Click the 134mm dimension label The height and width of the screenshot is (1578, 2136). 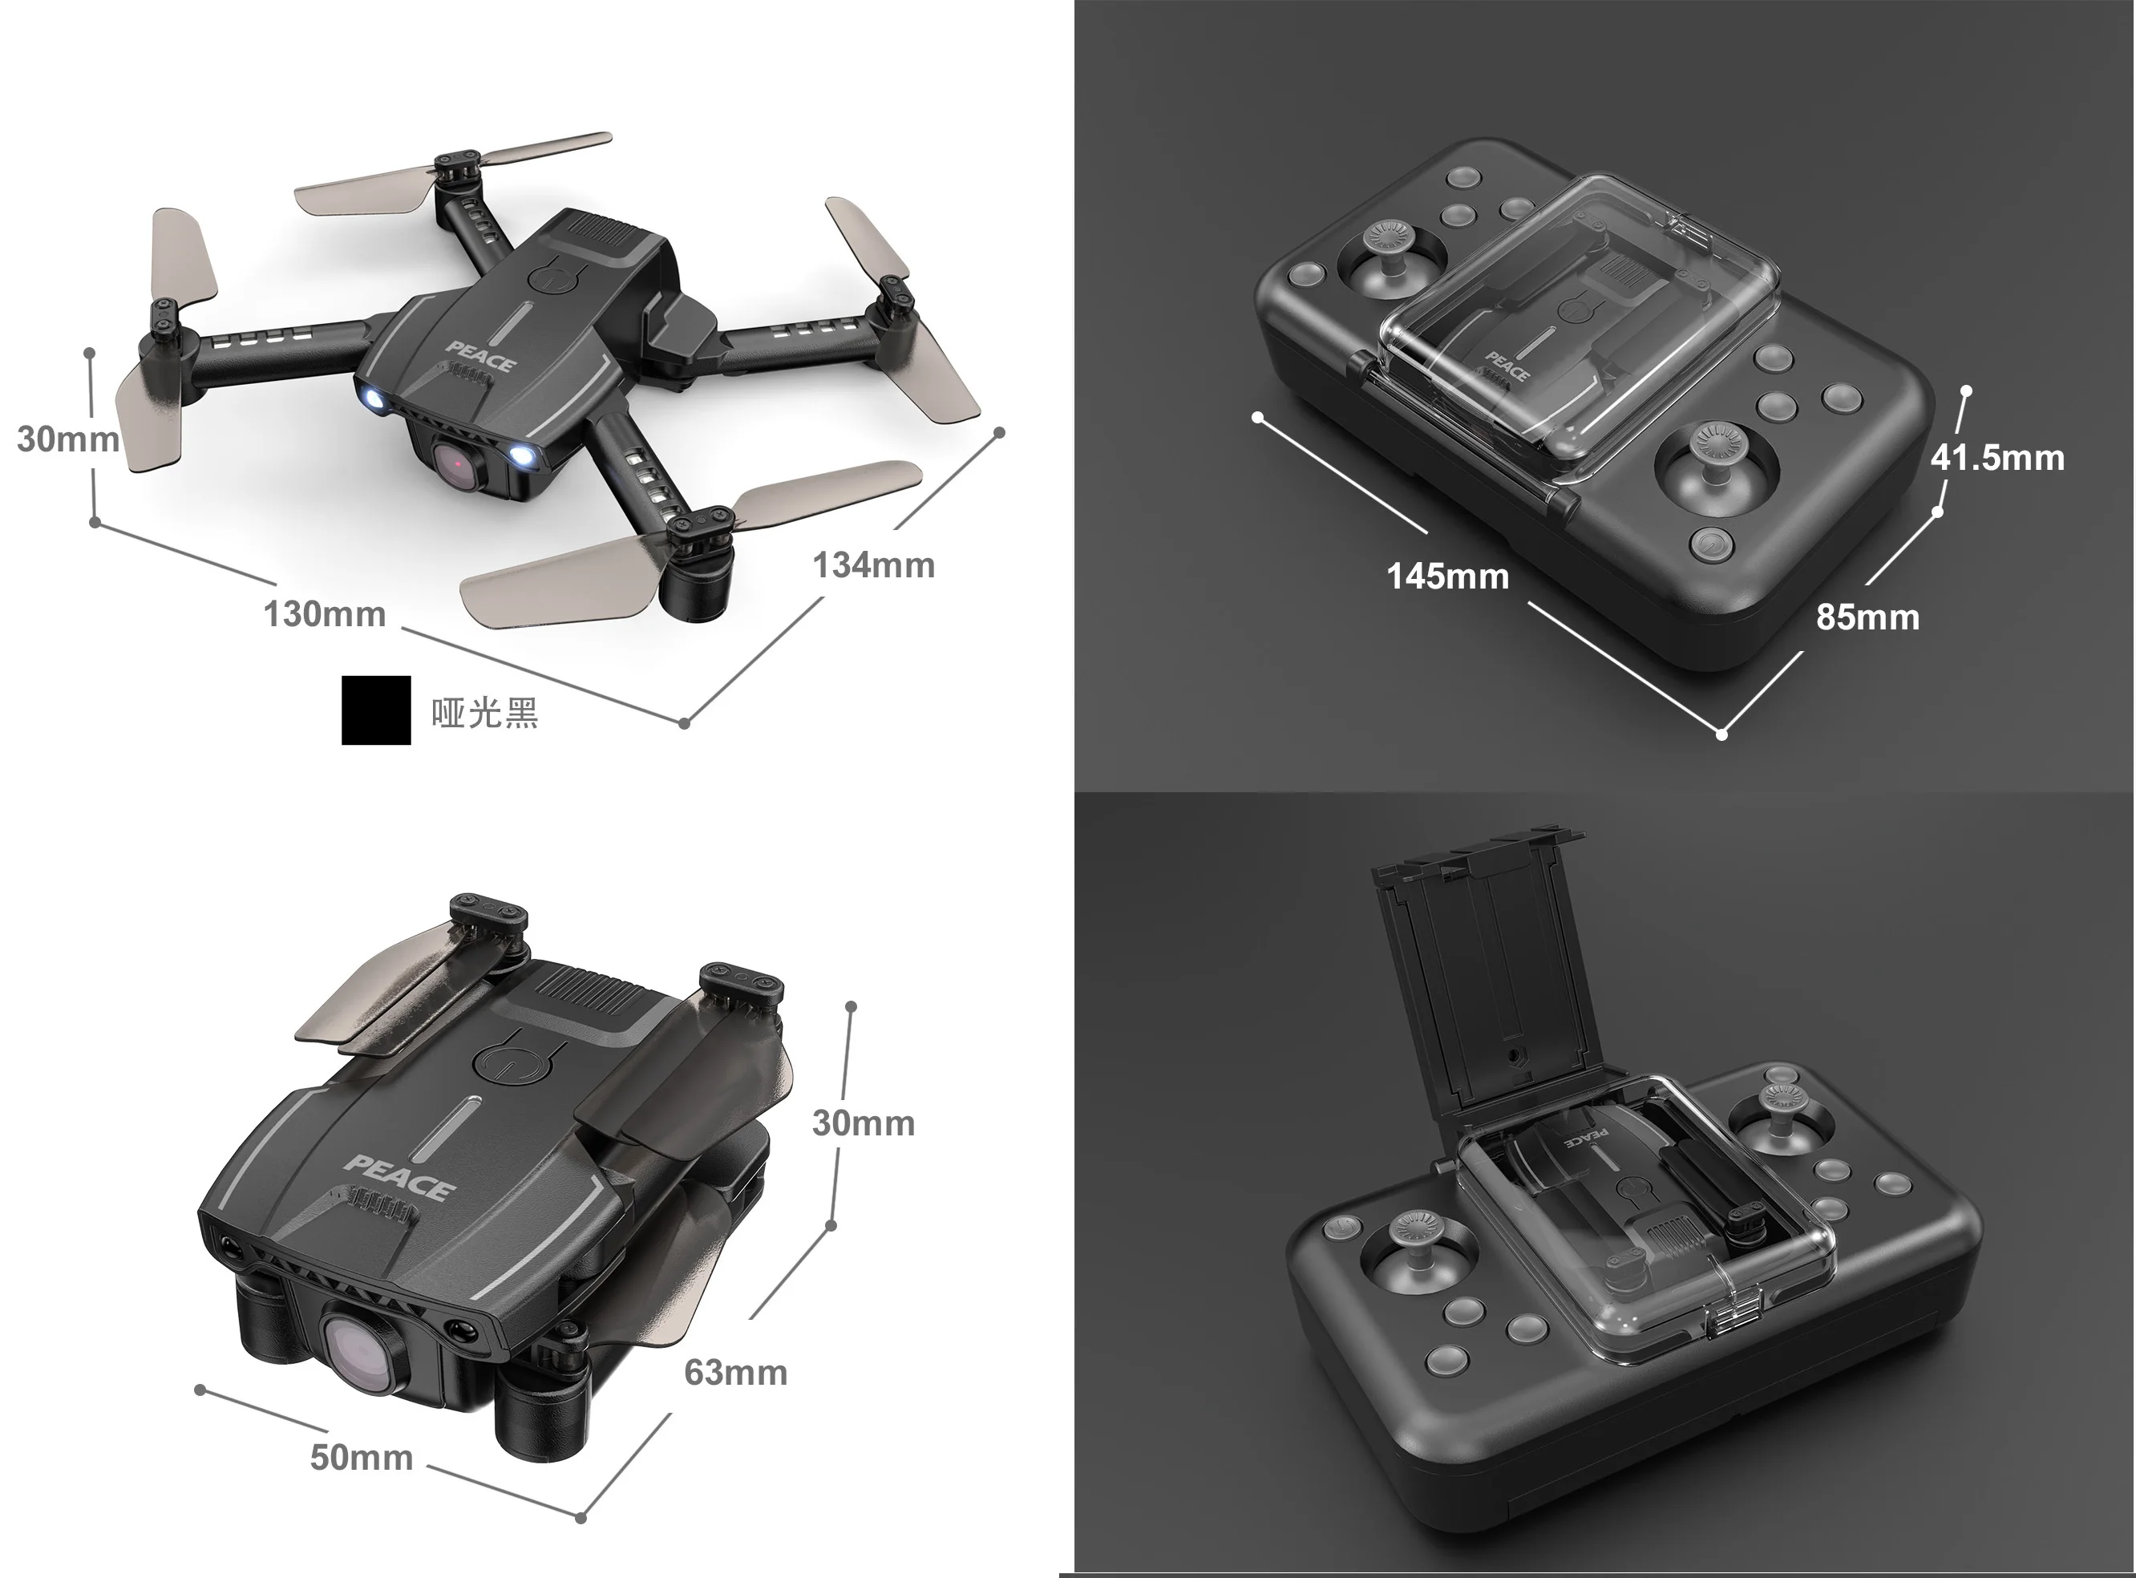(873, 564)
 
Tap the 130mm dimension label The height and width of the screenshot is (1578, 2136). (325, 613)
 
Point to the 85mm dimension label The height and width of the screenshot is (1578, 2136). (1867, 617)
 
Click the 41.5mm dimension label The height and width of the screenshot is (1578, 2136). (1997, 458)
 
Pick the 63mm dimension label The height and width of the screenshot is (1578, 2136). (735, 1373)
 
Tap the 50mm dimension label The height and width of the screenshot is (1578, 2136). (361, 1458)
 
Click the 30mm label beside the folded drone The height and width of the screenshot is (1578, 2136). (863, 1123)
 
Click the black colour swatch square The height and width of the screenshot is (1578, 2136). (376, 710)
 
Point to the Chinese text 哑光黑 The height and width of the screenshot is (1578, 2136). (484, 713)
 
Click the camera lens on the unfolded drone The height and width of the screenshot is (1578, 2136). (459, 463)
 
